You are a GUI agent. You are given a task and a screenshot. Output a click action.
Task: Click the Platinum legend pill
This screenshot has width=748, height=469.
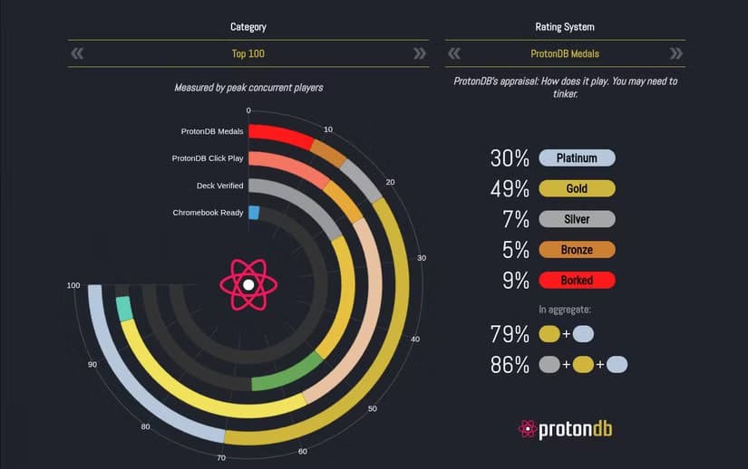(x=577, y=158)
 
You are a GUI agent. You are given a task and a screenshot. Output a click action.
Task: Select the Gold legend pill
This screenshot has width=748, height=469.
(x=577, y=188)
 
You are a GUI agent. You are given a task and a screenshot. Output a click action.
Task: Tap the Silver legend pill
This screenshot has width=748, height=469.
(x=577, y=219)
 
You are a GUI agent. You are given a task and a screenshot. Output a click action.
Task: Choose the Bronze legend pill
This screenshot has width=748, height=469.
(x=577, y=249)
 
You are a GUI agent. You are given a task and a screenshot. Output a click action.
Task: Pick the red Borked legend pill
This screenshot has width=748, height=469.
(x=577, y=280)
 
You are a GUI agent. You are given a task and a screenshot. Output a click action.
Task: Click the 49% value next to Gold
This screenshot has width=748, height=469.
(x=510, y=188)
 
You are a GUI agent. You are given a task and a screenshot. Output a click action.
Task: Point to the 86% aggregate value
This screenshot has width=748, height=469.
(x=510, y=365)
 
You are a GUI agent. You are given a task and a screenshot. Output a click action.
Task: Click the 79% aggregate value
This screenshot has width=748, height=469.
(x=510, y=334)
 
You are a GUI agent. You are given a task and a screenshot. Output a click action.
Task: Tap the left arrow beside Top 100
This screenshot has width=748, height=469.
(x=77, y=53)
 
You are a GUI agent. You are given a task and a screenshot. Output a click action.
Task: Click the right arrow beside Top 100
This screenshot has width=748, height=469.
(x=420, y=53)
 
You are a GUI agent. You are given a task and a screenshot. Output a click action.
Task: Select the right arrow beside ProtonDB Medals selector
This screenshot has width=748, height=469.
(x=676, y=53)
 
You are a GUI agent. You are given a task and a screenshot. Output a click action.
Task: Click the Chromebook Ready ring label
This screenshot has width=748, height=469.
(x=208, y=213)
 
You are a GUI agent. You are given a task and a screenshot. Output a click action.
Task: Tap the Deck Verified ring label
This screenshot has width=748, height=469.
(x=219, y=186)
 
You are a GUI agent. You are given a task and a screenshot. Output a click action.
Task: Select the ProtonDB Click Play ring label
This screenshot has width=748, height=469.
(x=208, y=158)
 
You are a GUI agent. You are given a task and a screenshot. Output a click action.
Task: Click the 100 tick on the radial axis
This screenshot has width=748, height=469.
(x=73, y=285)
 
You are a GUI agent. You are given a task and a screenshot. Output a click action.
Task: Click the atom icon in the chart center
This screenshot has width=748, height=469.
(x=248, y=285)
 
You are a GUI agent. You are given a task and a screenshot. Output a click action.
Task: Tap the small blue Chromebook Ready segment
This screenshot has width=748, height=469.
(x=254, y=213)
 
